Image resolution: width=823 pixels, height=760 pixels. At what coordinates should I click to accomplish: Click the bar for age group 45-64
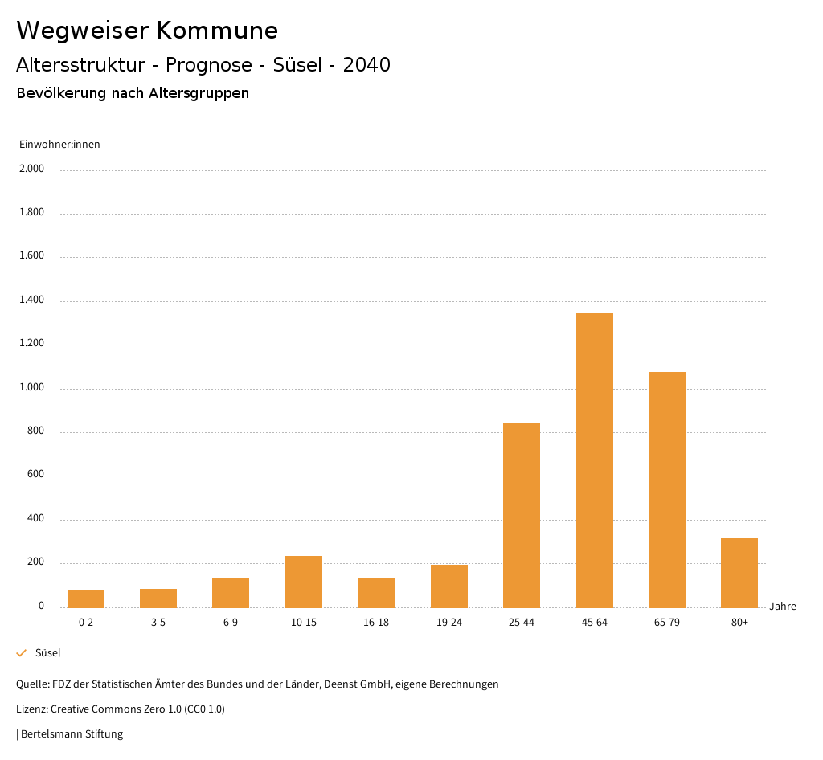coord(594,460)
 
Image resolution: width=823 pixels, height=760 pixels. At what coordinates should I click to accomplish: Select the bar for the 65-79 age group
coord(667,489)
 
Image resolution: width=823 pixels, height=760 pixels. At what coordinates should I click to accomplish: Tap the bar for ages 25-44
coord(522,514)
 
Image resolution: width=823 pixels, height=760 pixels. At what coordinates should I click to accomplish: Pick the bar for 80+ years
coord(739,572)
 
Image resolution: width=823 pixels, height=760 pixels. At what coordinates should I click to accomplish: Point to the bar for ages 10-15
coord(304,581)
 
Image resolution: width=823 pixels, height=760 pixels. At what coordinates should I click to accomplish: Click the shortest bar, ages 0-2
coord(86,599)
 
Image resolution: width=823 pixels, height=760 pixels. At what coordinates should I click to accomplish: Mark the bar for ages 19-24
coord(449,586)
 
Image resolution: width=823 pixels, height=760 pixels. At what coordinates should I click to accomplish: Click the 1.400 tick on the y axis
coord(33,300)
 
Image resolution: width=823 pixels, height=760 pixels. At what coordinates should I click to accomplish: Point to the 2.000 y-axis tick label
coord(33,170)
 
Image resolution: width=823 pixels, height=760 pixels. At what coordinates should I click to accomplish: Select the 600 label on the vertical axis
coord(36,475)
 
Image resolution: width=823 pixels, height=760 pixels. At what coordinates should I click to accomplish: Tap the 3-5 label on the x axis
coord(158,623)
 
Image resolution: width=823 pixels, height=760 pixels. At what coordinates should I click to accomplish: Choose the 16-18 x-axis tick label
coord(376,623)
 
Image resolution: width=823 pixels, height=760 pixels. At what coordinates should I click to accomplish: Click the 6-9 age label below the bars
coord(231,623)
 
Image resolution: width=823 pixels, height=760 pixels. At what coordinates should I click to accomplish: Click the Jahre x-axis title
coord(783,607)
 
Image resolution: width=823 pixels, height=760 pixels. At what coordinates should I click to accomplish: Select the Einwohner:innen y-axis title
coord(59,145)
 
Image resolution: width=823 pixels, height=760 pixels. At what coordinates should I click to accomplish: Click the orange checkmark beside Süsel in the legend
coord(22,653)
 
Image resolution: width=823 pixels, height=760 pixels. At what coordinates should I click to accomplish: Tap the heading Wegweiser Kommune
coord(147,31)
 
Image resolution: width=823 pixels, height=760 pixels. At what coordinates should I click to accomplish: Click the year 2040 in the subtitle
coord(366,65)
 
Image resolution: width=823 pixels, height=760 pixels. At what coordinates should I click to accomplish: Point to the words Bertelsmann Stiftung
coord(72,734)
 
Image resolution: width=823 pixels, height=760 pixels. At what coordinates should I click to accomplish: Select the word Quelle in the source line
coord(31,684)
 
